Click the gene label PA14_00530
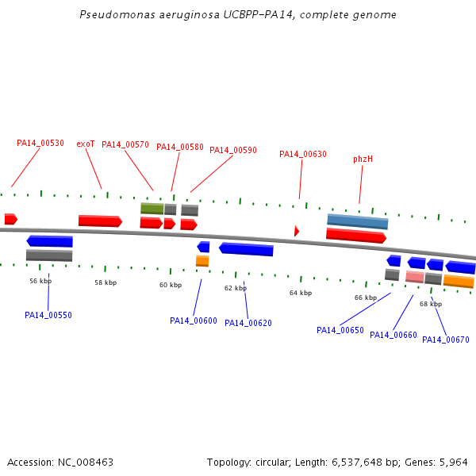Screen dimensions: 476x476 [40, 144]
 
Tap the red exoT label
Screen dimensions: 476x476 [86, 144]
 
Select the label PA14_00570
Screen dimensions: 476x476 [125, 144]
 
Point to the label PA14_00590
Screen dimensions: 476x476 [233, 150]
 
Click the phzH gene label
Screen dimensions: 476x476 [363, 159]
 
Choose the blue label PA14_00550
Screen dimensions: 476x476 [48, 315]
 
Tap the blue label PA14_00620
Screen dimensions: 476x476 [248, 323]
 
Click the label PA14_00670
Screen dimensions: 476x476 [446, 340]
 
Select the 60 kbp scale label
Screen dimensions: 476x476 [171, 285]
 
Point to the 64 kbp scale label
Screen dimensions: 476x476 [301, 293]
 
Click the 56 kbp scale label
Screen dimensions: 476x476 [40, 281]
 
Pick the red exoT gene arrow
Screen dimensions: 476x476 [100, 221]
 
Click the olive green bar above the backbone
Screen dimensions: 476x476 [152, 208]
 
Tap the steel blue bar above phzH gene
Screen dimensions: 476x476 [357, 221]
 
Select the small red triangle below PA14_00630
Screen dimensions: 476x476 [297, 231]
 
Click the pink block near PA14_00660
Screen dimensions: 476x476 [414, 277]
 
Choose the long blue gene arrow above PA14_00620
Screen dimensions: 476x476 [246, 249]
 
